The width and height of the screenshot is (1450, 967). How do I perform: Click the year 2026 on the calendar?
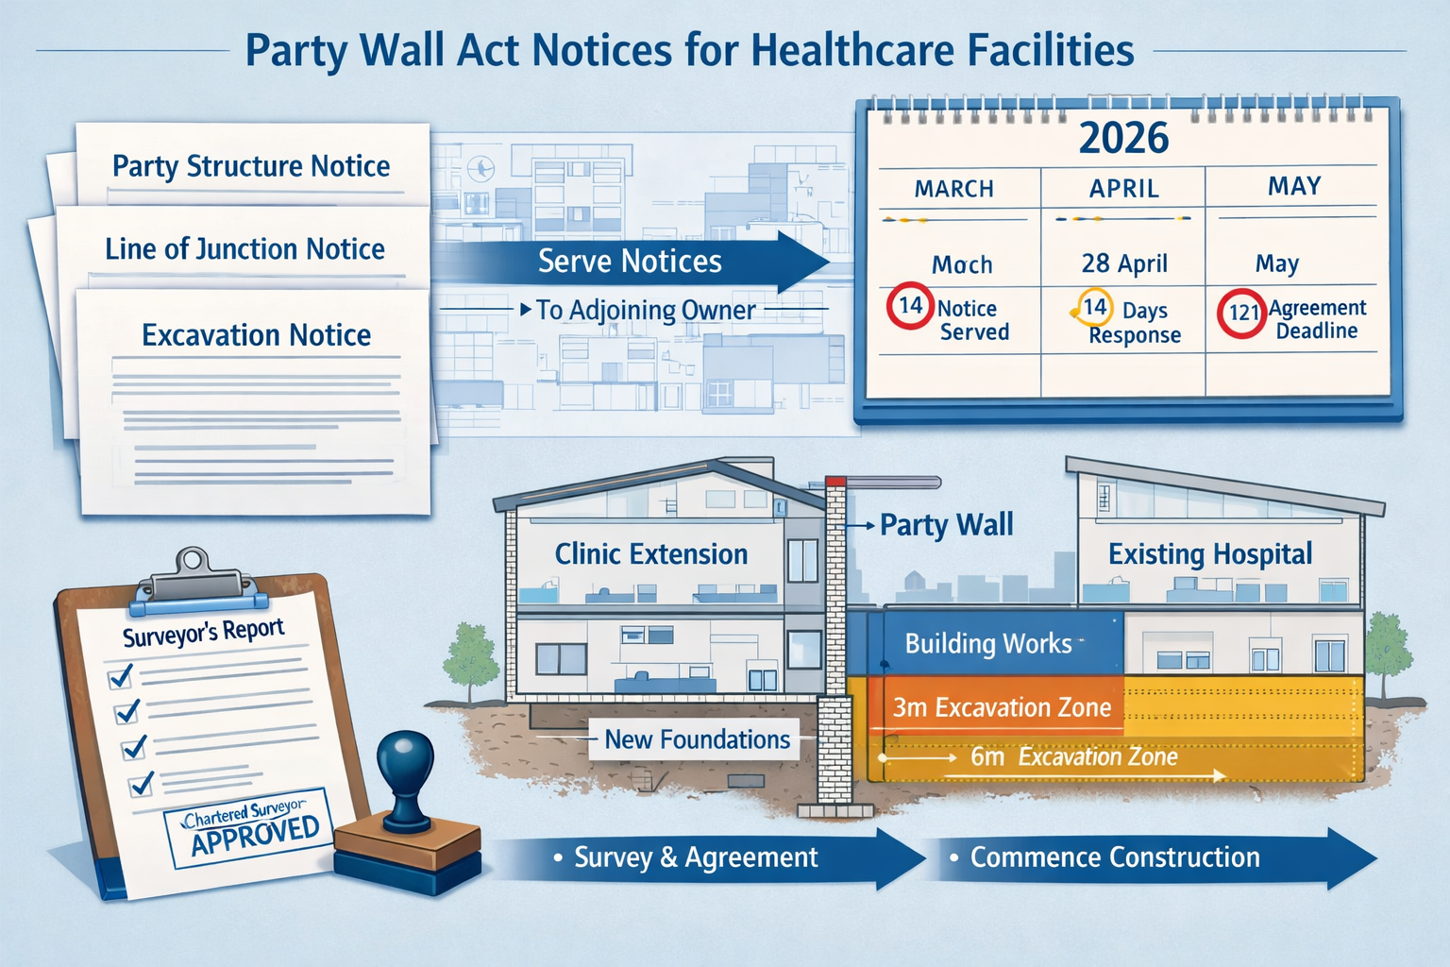(x=1123, y=138)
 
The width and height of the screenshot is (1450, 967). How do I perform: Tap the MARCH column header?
(x=953, y=189)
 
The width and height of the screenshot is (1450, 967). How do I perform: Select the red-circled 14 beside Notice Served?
(x=910, y=306)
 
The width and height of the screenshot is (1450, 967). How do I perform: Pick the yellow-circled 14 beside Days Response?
(x=1094, y=307)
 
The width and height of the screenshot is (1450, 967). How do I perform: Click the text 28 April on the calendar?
(x=1123, y=263)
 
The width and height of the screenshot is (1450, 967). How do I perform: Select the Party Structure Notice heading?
(x=251, y=166)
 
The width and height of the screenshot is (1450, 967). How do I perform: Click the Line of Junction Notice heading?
(x=244, y=249)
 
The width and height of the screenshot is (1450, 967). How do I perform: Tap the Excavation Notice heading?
(x=256, y=335)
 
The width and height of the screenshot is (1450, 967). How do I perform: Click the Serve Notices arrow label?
(x=630, y=262)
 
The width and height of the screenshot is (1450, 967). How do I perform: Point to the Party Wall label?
(x=946, y=525)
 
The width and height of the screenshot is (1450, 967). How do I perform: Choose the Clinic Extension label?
(x=650, y=554)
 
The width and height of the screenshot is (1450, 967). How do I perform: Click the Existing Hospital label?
(x=1209, y=554)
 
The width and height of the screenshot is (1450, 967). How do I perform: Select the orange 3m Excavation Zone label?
(x=1002, y=707)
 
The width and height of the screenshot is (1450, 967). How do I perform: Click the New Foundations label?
(x=697, y=739)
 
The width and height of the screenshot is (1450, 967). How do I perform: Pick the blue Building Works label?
(x=988, y=644)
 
